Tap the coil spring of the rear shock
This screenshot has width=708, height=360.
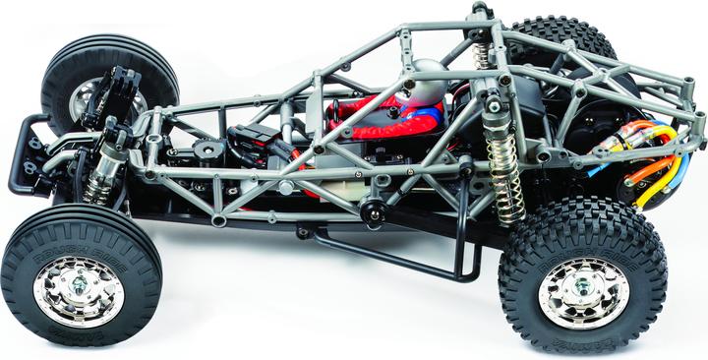tap(503, 187)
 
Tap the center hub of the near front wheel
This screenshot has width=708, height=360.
tap(79, 291)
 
